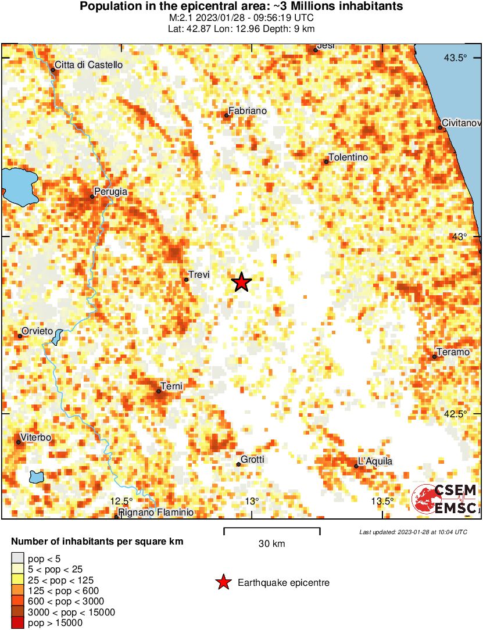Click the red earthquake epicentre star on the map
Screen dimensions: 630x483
point(241,282)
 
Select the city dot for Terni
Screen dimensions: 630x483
point(159,391)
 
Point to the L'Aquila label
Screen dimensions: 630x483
point(375,461)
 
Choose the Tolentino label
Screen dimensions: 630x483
point(349,157)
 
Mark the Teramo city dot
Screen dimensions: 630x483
point(434,356)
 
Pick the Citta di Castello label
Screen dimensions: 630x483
point(88,65)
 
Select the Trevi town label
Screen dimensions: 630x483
point(199,275)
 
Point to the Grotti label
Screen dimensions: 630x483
point(253,459)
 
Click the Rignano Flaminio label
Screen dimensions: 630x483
point(156,513)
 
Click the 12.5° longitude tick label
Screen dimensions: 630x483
point(122,501)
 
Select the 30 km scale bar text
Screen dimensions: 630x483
point(271,544)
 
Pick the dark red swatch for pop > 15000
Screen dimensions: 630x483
point(18,622)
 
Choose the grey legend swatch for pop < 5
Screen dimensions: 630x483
point(18,559)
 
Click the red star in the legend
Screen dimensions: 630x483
point(223,582)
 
